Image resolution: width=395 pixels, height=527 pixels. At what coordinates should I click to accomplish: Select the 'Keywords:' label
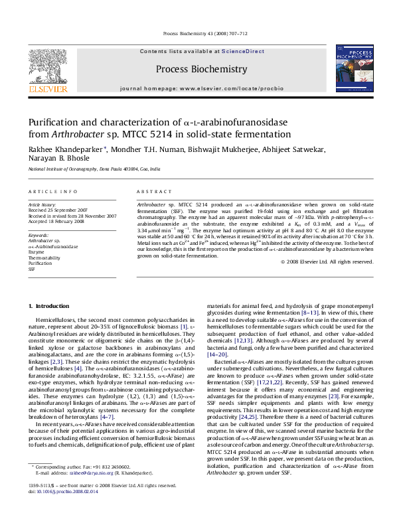(x=39, y=236)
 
